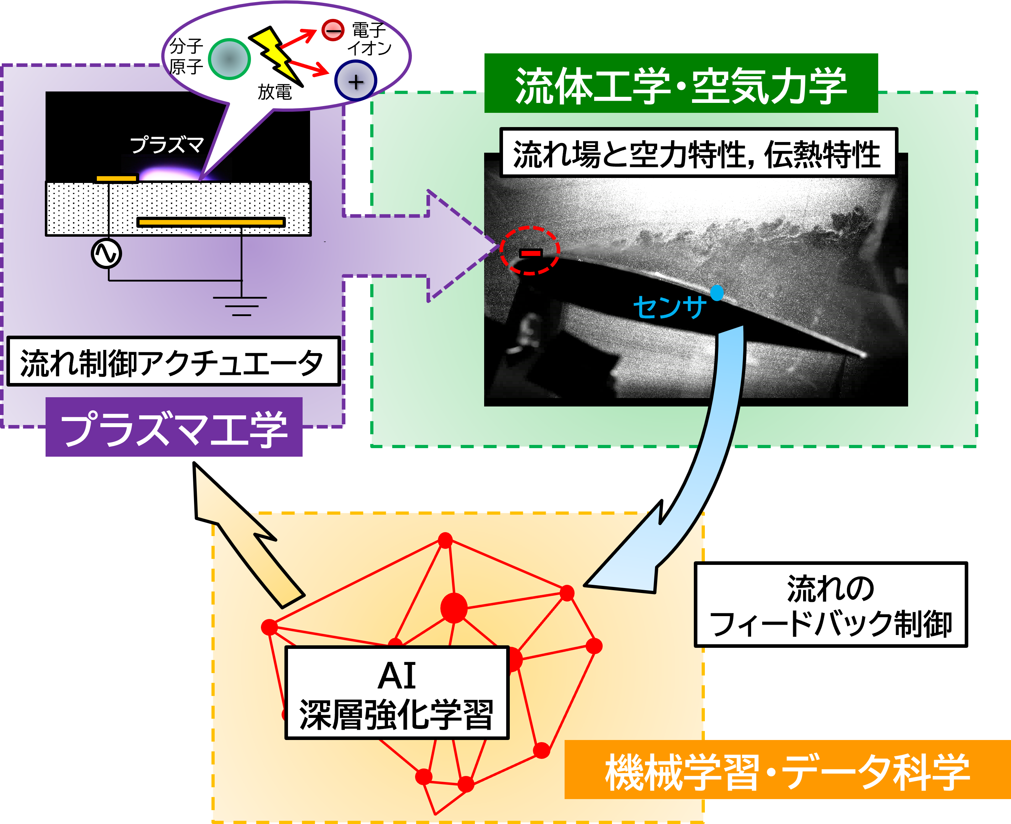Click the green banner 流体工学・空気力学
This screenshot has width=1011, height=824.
(681, 84)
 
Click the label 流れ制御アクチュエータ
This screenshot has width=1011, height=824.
(173, 362)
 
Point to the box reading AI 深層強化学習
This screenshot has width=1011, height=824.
(397, 693)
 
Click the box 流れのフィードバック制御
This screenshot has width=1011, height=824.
(830, 605)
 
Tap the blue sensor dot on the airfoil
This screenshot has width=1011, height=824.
(717, 293)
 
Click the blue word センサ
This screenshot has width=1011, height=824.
(669, 307)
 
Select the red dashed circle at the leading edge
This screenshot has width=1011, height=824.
(530, 250)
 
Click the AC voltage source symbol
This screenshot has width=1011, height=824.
(106, 253)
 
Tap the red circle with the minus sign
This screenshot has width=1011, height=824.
(333, 30)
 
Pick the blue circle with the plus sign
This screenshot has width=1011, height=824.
(356, 82)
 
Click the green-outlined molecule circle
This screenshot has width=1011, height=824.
(229, 59)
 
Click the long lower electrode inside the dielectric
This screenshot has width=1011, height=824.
(211, 222)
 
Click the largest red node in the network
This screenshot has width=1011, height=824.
(454, 608)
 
